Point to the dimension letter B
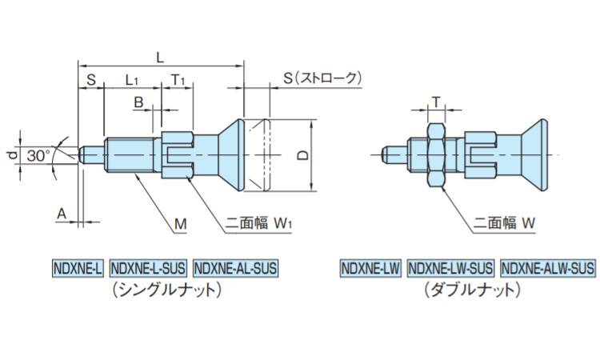(x=138, y=102)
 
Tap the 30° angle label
(x=37, y=155)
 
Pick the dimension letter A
(x=61, y=211)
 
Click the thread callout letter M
(x=181, y=226)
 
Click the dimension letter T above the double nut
(x=436, y=101)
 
